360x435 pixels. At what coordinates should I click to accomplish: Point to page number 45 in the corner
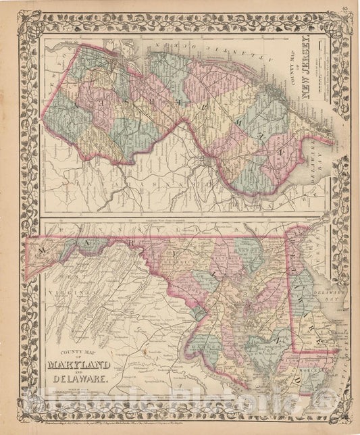click(344, 7)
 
